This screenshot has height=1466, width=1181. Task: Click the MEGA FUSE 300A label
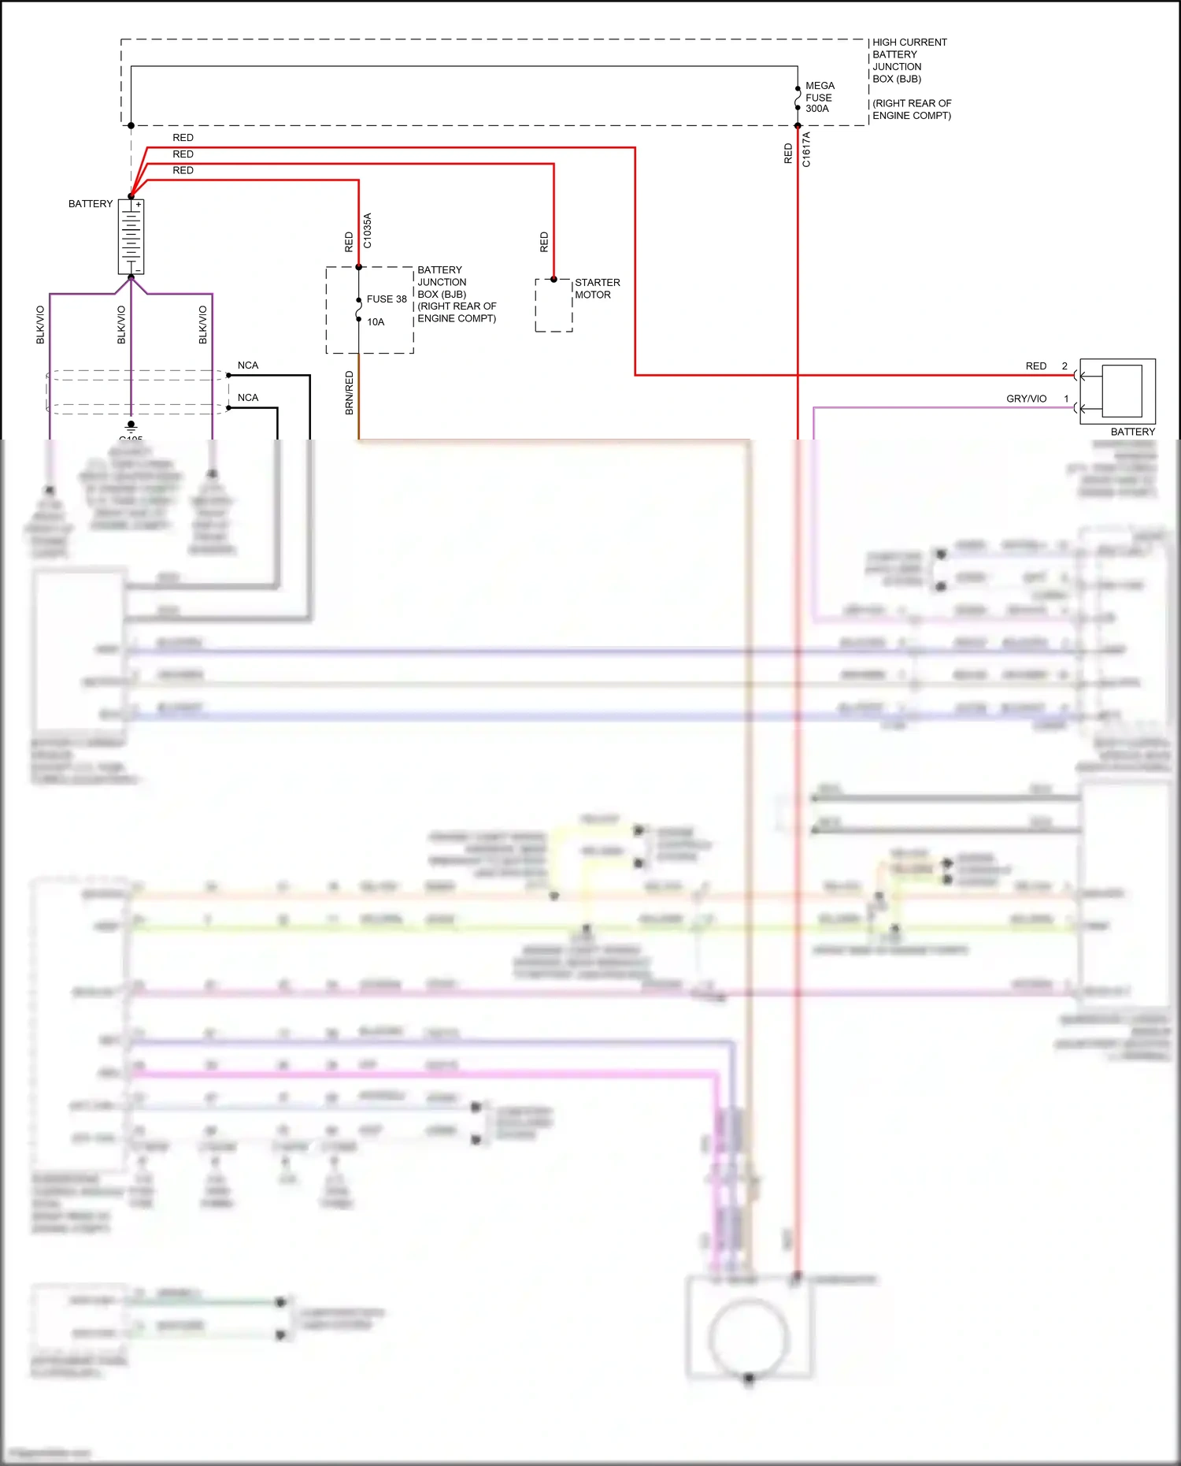[819, 97]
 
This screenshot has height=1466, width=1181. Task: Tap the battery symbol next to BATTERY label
[131, 236]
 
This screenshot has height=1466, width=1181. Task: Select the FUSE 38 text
[387, 299]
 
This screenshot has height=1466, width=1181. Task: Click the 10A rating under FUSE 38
[376, 322]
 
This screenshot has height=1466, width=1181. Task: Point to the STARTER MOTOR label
[597, 288]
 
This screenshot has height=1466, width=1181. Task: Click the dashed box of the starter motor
[553, 306]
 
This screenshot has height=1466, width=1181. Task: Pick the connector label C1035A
[368, 231]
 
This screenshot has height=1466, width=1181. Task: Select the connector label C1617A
[806, 149]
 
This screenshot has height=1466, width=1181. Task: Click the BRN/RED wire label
[350, 393]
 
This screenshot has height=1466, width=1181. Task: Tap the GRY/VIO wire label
[1026, 399]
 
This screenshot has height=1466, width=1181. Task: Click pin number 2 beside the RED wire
[1064, 366]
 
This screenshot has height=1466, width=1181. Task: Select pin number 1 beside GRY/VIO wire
[1066, 399]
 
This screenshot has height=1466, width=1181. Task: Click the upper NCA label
[248, 366]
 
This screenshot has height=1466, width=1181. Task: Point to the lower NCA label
[248, 398]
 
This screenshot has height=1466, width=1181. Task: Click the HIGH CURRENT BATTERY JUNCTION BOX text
[909, 61]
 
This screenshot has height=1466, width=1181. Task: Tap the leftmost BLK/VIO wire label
[40, 325]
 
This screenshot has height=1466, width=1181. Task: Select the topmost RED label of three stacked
[183, 138]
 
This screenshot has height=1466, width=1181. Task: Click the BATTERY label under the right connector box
[1132, 432]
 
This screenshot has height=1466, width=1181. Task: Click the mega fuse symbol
[798, 98]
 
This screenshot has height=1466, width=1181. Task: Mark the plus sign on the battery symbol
[139, 205]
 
